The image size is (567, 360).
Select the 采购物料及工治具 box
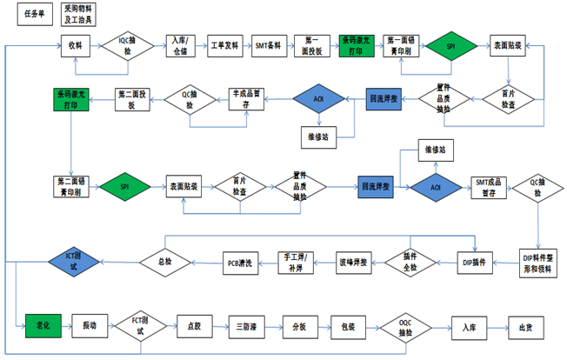[x=81, y=14]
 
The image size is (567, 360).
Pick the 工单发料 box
[x=225, y=44]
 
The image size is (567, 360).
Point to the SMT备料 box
[x=268, y=44]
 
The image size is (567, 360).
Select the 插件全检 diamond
[x=411, y=262]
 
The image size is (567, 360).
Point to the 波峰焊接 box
[x=356, y=262]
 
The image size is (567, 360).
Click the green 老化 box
[x=42, y=325]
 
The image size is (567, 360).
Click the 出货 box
[x=525, y=327]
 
